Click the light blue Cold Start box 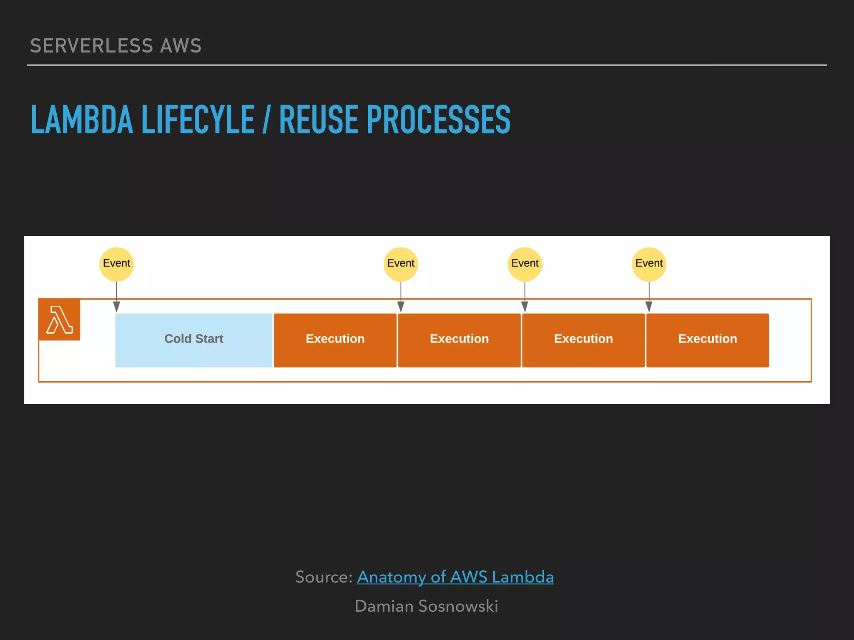tap(194, 340)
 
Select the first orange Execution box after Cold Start tap(335, 340)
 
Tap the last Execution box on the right tap(707, 340)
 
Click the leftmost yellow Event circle tap(116, 264)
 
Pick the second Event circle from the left tap(400, 264)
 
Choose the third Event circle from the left tap(525, 264)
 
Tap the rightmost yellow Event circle tap(649, 264)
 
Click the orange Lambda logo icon tap(59, 320)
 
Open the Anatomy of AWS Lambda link tap(455, 577)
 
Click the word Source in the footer tap(323, 577)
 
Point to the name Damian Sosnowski tap(426, 606)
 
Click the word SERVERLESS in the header tap(92, 46)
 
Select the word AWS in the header tap(181, 46)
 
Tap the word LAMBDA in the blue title tap(82, 120)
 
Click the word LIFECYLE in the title tap(198, 120)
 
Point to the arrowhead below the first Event tap(116, 307)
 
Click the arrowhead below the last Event tap(649, 307)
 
